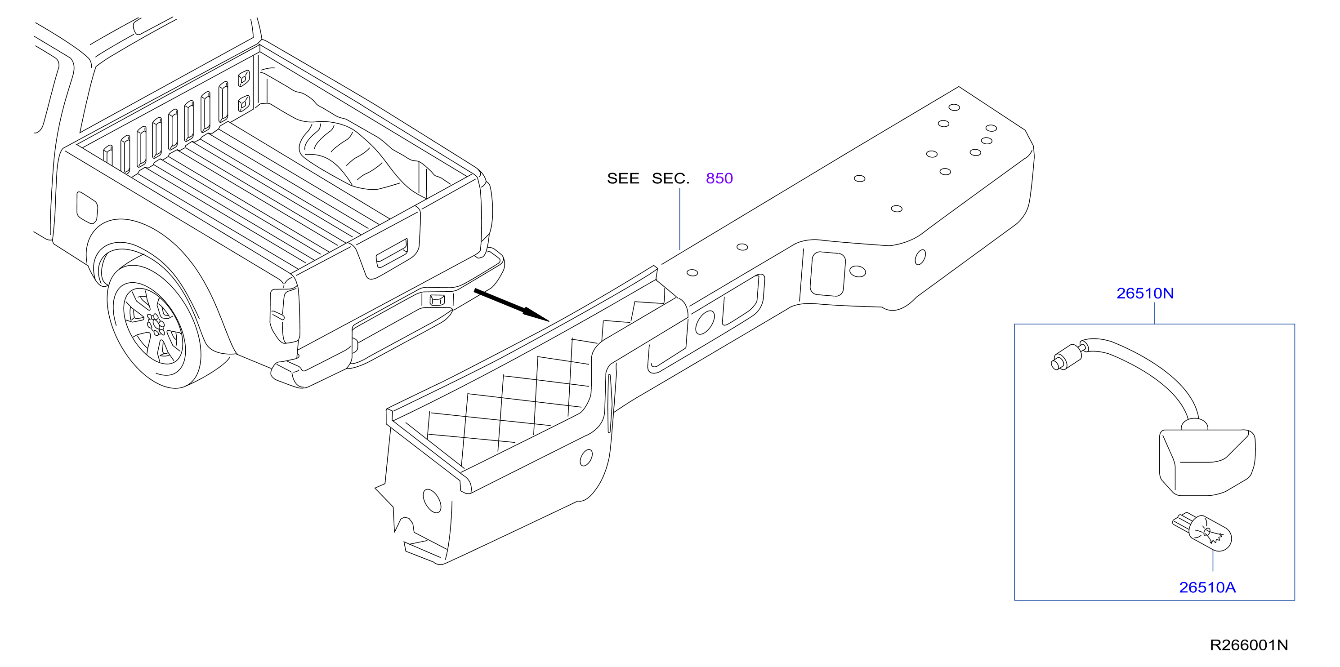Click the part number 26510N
click(1145, 293)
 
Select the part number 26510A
click(1207, 587)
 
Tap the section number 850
click(719, 178)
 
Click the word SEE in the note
click(623, 178)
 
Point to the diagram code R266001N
click(1248, 645)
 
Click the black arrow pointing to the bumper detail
click(511, 305)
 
